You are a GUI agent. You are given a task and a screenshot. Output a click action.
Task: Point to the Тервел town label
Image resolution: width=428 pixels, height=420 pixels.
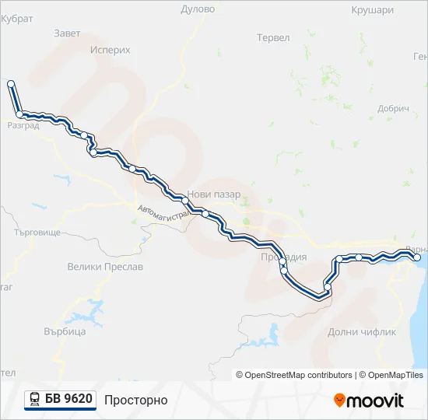[272, 37]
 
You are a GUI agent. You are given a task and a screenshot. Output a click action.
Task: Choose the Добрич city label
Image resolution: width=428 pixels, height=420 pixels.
[393, 109]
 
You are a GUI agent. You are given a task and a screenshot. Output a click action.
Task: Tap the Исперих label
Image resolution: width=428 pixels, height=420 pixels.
[110, 49]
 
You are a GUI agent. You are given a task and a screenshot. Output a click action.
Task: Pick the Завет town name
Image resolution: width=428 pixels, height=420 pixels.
[68, 33]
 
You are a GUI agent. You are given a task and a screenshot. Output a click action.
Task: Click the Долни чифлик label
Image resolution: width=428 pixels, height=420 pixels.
[362, 331]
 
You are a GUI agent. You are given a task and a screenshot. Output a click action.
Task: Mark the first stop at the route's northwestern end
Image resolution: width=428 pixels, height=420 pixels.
[11, 83]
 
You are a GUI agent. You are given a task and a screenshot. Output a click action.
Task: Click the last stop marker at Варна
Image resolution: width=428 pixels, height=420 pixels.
[416, 257]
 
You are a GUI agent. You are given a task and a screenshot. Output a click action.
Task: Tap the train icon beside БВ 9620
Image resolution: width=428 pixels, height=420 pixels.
[34, 400]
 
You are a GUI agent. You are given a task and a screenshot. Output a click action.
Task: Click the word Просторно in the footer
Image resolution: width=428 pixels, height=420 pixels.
[136, 400]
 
